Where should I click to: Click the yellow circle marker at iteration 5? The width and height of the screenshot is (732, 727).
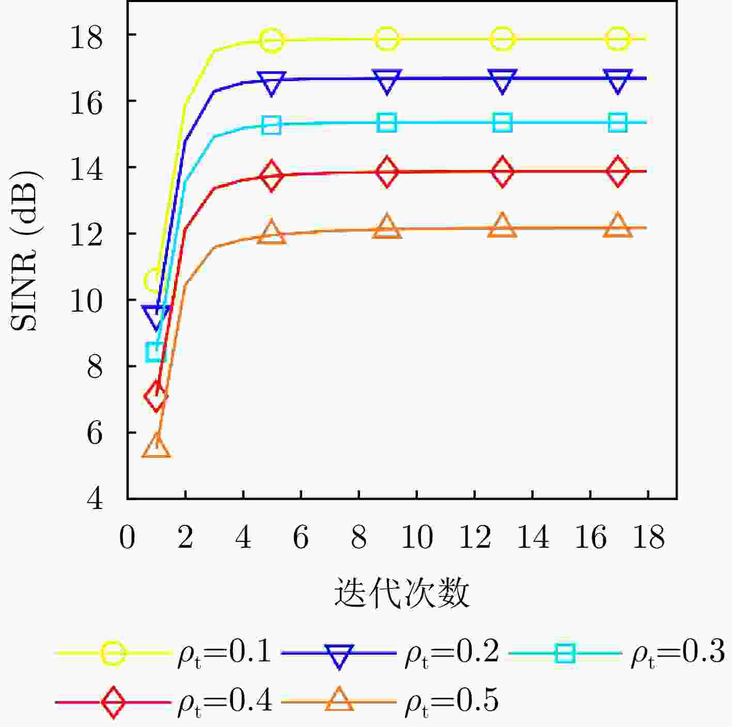click(272, 40)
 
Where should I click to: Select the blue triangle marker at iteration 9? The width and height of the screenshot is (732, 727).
click(387, 81)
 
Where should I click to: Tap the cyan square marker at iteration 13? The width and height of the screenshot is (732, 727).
click(502, 123)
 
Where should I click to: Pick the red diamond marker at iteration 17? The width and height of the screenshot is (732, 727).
click(618, 172)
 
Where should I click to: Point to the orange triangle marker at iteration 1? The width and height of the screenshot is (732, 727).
click(156, 445)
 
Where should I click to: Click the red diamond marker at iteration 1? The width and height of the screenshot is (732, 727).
click(156, 397)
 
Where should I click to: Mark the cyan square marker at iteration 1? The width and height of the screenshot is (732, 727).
click(156, 352)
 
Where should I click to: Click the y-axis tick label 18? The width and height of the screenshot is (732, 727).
click(86, 38)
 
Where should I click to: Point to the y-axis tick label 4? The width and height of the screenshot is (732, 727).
click(95, 499)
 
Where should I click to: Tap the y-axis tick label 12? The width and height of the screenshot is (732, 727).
click(86, 234)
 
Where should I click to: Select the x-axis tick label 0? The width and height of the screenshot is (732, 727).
click(128, 538)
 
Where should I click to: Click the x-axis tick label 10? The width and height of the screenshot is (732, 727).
click(416, 538)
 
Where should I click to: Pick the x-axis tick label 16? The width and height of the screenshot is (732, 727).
click(590, 538)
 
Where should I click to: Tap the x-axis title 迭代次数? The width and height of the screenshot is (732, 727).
click(401, 593)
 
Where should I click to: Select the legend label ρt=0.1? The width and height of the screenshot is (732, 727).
click(224, 652)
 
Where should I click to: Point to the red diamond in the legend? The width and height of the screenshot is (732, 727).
click(113, 702)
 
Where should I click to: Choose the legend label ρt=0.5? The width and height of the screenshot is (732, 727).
click(451, 701)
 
